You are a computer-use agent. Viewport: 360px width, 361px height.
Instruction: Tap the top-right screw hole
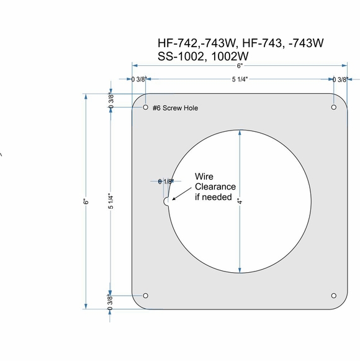click(333, 108)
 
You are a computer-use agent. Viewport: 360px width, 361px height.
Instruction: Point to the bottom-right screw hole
click(333, 296)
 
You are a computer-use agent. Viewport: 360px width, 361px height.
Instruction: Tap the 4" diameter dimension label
click(238, 202)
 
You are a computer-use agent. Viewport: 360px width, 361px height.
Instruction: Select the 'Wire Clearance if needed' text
click(215, 187)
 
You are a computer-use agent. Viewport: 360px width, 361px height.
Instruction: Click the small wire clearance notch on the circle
click(167, 201)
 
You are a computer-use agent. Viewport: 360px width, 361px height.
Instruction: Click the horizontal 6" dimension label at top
click(240, 65)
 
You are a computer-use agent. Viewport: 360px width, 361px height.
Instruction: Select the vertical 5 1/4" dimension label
click(111, 201)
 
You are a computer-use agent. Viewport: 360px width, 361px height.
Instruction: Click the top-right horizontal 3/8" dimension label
click(340, 80)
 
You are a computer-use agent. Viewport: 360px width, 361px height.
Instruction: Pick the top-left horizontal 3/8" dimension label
click(138, 80)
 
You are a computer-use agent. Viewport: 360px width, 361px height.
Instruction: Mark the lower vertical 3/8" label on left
click(111, 301)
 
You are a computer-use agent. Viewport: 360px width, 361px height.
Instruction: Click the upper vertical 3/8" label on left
click(111, 101)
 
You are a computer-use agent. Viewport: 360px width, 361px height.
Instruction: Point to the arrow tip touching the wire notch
click(173, 199)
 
